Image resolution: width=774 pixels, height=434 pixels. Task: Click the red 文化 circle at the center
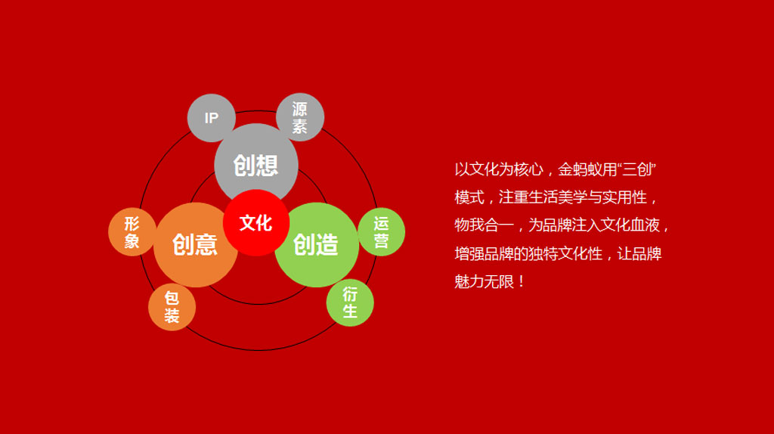(255, 223)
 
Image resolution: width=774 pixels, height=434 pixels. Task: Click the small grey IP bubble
(212, 117)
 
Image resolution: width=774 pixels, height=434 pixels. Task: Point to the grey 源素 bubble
(299, 117)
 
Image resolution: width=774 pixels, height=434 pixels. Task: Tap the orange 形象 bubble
(132, 232)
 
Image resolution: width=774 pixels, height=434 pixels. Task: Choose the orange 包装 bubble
(172, 307)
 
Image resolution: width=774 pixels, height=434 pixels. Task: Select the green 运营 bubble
(382, 232)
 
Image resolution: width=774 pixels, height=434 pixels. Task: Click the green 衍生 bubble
(350, 302)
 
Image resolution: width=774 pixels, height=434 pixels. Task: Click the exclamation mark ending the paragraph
(522, 282)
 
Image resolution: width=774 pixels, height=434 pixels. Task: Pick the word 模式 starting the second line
(469, 197)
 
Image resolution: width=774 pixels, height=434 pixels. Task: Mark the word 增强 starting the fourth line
(469, 254)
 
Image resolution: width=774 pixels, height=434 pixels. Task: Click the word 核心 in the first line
(528, 170)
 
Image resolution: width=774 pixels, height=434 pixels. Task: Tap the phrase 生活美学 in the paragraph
(558, 197)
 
